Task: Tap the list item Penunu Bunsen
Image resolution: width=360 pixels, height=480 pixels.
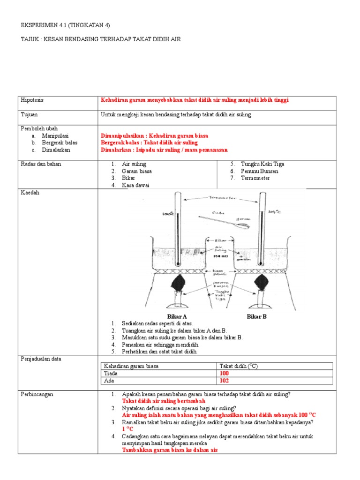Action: pos(259,171)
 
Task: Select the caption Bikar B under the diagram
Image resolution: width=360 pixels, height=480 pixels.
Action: pos(256,316)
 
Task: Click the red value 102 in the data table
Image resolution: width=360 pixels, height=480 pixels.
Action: pos(225,381)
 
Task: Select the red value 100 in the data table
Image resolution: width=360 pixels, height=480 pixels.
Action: pos(225,374)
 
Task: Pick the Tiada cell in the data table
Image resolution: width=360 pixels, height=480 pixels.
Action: pos(111,374)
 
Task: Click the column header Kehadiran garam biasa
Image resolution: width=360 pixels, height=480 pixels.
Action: pos(131,366)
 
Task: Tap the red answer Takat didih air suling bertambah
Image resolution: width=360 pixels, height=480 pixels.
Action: pos(164,401)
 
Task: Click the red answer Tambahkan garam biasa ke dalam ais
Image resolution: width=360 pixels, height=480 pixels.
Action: pos(170,450)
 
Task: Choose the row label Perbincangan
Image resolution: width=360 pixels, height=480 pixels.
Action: pos(37,394)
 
